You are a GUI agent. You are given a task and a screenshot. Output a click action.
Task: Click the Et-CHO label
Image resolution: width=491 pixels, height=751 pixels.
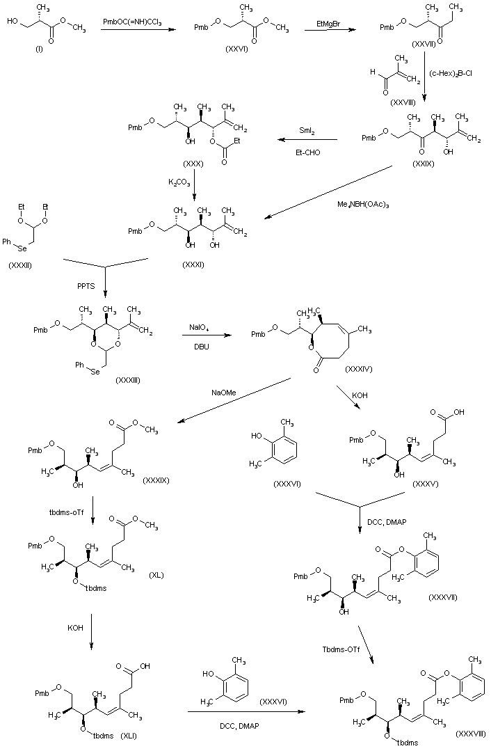(x=308, y=150)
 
